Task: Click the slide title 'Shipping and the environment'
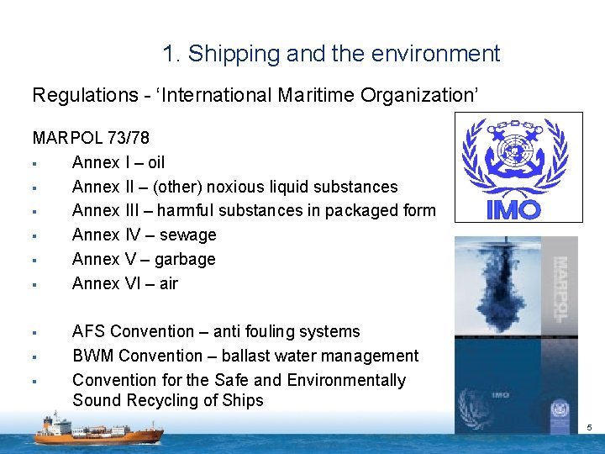[x=331, y=55]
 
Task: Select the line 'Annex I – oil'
[x=118, y=162]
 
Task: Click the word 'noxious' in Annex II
[x=244, y=187]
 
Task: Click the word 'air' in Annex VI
[x=168, y=284]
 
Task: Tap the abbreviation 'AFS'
[x=89, y=332]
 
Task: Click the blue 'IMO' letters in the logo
[x=514, y=209]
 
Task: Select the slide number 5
[x=589, y=428]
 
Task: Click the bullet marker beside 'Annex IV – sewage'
[x=34, y=236]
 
